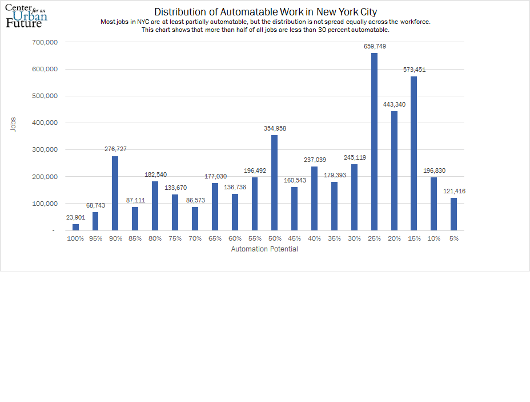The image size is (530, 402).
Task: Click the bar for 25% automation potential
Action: coord(374,142)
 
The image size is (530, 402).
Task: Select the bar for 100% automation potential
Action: coord(75,227)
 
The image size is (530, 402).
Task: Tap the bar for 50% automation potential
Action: coord(275,182)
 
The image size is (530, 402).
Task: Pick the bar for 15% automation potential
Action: coord(413,153)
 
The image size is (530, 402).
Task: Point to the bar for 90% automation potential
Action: coord(115,193)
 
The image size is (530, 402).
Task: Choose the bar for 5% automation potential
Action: coord(453,214)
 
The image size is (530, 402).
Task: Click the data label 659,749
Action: coord(375,46)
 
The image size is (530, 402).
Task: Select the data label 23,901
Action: coord(75,217)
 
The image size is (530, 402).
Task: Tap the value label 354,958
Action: coord(275,128)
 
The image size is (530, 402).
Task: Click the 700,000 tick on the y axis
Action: coord(43,42)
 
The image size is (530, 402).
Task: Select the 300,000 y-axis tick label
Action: coord(43,149)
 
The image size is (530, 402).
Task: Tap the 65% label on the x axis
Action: coord(215,238)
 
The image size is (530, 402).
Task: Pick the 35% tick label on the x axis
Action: coord(334,238)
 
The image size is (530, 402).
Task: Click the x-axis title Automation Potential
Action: coord(264,249)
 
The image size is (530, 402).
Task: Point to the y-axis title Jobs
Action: coord(14,124)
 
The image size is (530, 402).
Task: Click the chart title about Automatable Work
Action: coord(266,11)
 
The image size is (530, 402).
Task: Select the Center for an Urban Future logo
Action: coord(26,16)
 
